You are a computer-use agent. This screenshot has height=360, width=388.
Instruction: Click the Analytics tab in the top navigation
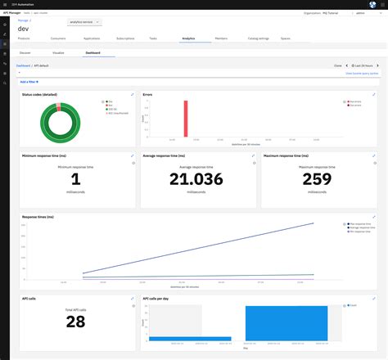187,38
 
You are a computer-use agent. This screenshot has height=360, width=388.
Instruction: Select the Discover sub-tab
25,52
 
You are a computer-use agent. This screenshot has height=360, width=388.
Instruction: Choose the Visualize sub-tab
58,52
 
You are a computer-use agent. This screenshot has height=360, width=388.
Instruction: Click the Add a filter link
29,82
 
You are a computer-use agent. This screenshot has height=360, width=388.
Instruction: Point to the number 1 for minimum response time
76,179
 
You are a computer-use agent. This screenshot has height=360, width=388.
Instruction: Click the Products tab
24,38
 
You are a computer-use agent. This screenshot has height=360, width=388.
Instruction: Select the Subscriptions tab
125,38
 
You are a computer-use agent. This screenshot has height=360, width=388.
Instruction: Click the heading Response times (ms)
38,217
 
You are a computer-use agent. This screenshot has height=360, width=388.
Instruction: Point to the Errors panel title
148,94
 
